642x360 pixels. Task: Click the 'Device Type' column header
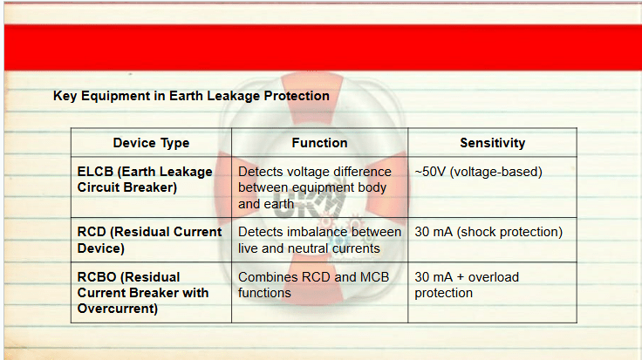pyautogui.click(x=151, y=143)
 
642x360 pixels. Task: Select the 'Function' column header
pyautogui.click(x=319, y=143)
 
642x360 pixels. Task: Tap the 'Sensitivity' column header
pyautogui.click(x=493, y=143)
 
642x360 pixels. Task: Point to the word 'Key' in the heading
pyautogui.click(x=65, y=96)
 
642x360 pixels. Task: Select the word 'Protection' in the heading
pyautogui.click(x=297, y=96)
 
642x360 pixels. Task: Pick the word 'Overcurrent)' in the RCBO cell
pyautogui.click(x=118, y=309)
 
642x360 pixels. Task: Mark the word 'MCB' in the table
pyautogui.click(x=374, y=277)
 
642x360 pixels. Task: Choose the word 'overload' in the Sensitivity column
pyautogui.click(x=494, y=277)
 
